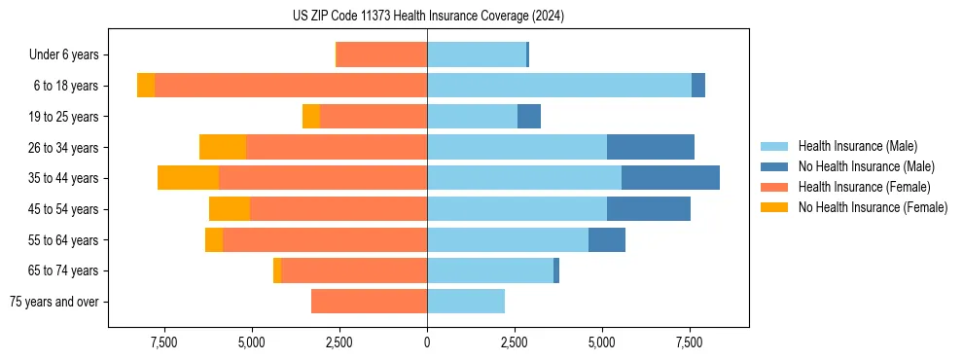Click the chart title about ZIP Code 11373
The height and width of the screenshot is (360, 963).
428,17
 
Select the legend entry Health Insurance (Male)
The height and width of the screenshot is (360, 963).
855,146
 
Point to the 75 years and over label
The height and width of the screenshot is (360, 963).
53,302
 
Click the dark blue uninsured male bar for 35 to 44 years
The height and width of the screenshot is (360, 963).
670,178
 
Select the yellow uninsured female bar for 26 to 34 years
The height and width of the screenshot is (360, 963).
223,147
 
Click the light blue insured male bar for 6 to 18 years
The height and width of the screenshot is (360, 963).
559,86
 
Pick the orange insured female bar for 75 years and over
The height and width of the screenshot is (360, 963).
369,302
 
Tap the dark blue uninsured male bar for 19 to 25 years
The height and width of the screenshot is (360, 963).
529,117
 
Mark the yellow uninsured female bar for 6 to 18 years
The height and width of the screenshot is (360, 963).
146,86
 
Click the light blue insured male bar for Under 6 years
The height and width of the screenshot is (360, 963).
477,55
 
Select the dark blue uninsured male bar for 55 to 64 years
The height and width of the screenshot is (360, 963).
607,240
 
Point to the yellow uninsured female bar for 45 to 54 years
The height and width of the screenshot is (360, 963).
230,209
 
